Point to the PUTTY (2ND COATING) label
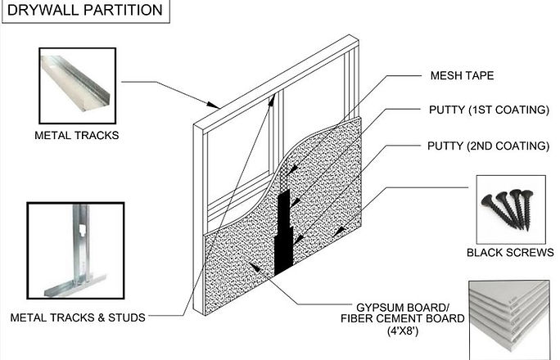point(488,146)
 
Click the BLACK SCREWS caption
point(509,253)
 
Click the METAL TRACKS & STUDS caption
point(77,317)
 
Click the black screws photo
point(508,209)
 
